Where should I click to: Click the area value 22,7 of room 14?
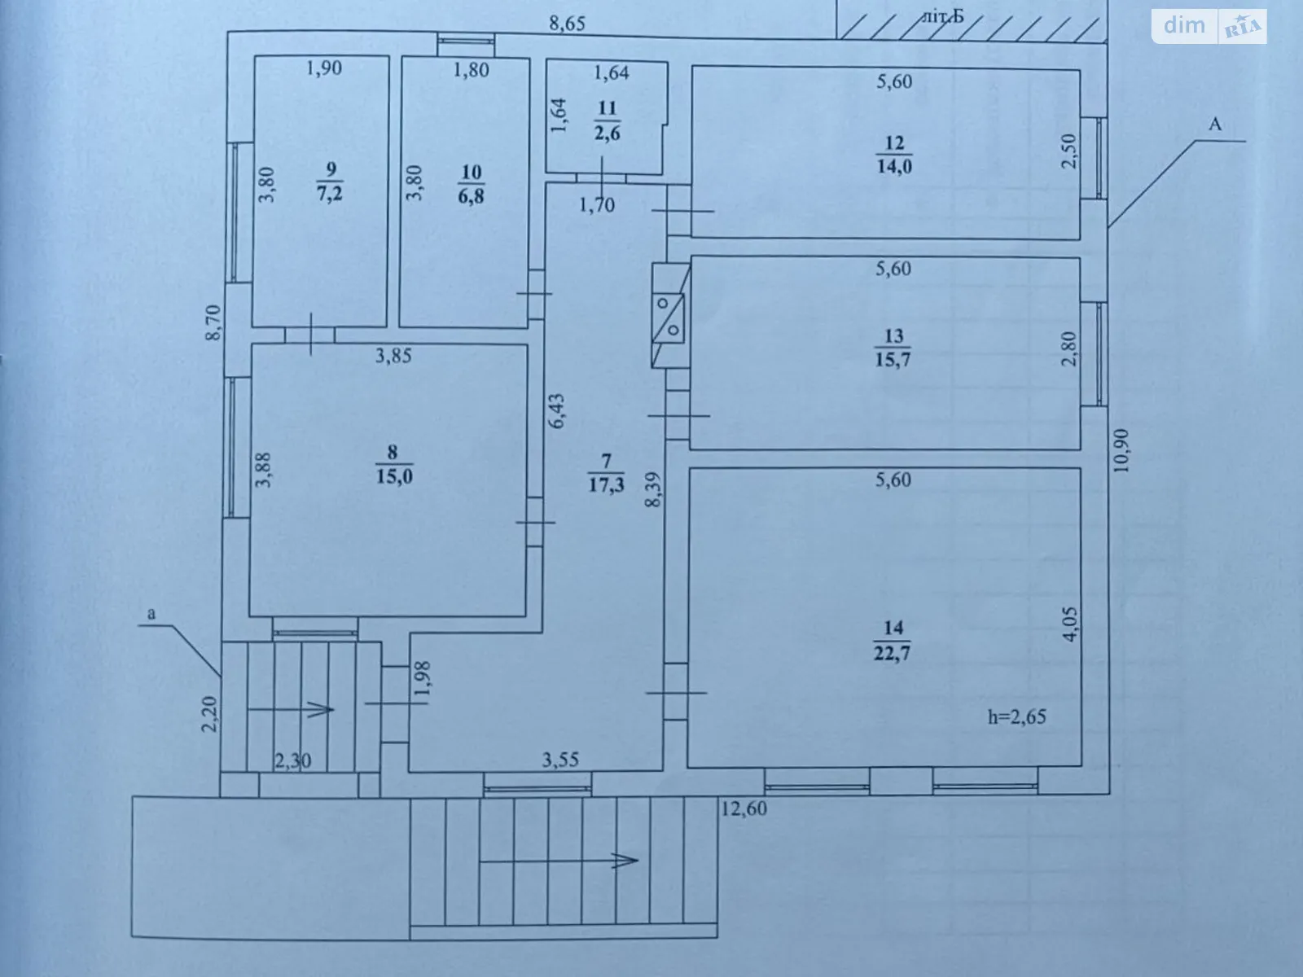click(893, 653)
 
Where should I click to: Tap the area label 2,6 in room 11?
click(607, 134)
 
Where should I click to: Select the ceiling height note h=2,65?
click(1016, 716)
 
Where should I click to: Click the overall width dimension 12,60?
click(744, 808)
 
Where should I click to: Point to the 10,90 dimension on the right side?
click(1122, 450)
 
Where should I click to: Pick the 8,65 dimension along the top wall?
click(567, 23)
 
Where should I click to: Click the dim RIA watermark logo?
click(1209, 26)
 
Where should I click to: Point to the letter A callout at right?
click(1215, 125)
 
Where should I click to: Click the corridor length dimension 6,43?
click(557, 411)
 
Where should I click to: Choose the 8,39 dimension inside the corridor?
click(653, 490)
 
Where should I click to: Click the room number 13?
click(893, 335)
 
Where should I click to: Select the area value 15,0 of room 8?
click(394, 476)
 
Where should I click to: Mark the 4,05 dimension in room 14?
click(1070, 624)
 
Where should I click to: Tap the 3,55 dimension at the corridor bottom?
click(560, 760)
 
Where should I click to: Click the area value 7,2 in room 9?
click(330, 195)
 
